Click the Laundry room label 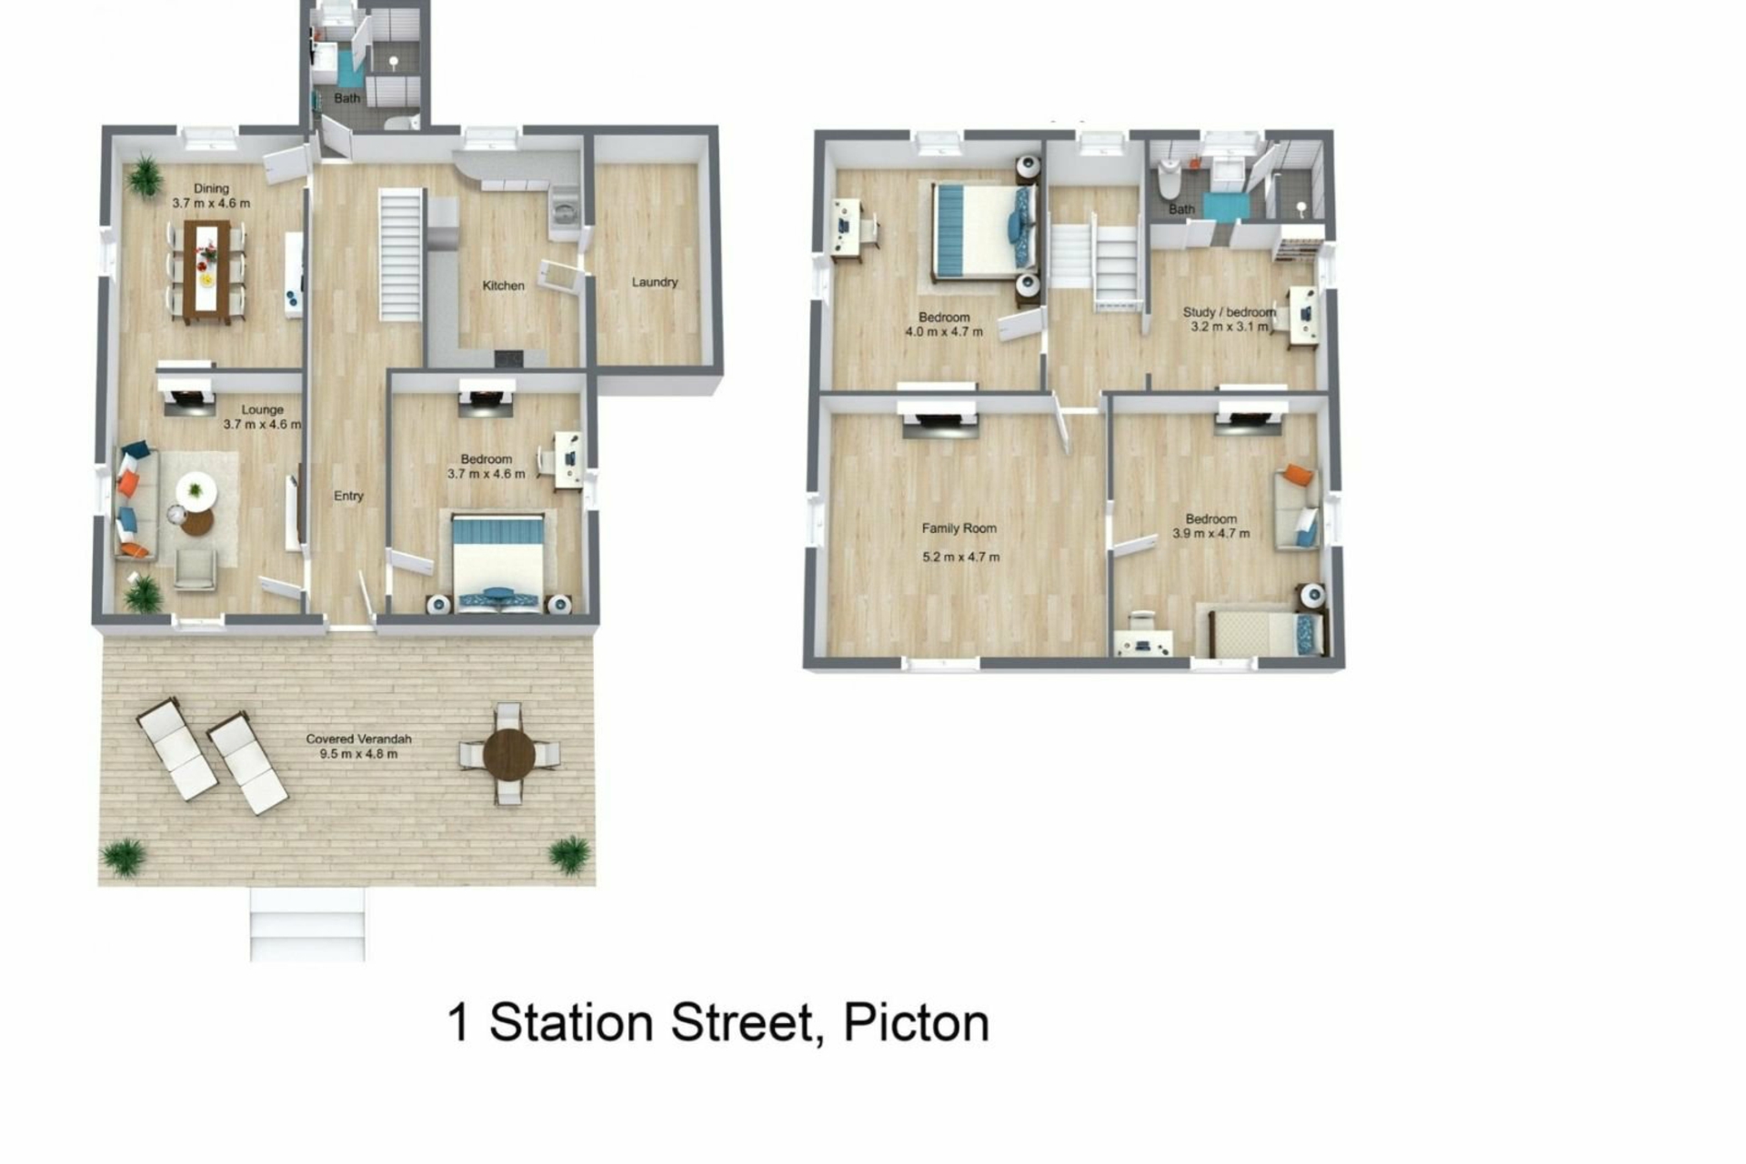pyautogui.click(x=655, y=282)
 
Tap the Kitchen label pyautogui.click(x=503, y=286)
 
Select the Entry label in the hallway pyautogui.click(x=348, y=496)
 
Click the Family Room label pyautogui.click(x=958, y=528)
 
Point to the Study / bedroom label pyautogui.click(x=1229, y=312)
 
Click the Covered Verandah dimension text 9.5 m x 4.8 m pyautogui.click(x=358, y=754)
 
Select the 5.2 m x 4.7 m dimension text pyautogui.click(x=960, y=557)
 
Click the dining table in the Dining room pyautogui.click(x=207, y=271)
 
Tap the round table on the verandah pyautogui.click(x=509, y=754)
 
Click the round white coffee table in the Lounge pyautogui.click(x=196, y=491)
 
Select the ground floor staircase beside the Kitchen pyautogui.click(x=400, y=255)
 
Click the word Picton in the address pyautogui.click(x=916, y=1022)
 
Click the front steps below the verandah pyautogui.click(x=307, y=924)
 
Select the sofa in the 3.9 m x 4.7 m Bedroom pyautogui.click(x=1298, y=507)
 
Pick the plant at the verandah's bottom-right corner pyautogui.click(x=569, y=856)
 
